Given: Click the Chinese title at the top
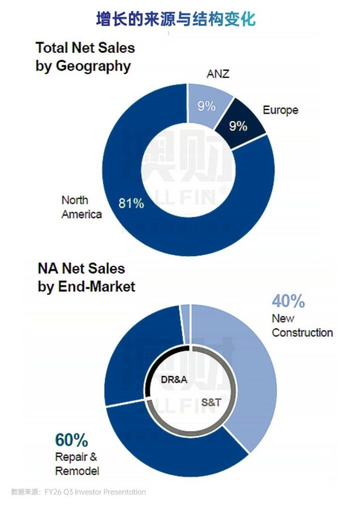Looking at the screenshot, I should pos(176,19).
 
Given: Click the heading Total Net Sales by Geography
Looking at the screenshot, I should pos(84,57).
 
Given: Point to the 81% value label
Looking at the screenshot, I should pos(131,203).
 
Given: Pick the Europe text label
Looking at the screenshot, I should pos(281,110).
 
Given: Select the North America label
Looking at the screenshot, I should pos(81,207).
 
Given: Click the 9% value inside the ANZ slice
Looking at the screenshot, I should pos(205,106).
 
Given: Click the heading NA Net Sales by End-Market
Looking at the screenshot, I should pos(86,277).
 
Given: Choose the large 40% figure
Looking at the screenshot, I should pos(288,301).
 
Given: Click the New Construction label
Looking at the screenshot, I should pos(302,325).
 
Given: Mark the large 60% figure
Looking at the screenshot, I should pos(71,441).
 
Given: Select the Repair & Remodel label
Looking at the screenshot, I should pos(77,464).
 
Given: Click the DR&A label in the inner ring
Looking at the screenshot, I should pos(174,380).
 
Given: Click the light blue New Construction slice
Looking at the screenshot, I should pos(245,369).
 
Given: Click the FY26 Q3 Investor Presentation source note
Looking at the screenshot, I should pos(79,492).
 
